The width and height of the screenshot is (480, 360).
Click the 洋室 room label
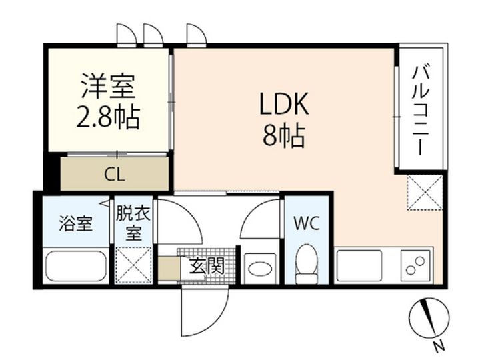click(x=108, y=87)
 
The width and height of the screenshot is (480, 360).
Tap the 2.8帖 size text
click(x=108, y=117)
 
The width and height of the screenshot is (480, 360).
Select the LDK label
click(x=284, y=104)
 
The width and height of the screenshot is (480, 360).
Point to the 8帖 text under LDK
click(x=284, y=135)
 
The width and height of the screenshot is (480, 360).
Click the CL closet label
click(x=115, y=175)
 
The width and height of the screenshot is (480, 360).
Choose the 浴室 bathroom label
click(x=75, y=223)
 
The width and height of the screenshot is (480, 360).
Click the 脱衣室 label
click(x=133, y=223)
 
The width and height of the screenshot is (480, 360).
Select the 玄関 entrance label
click(x=207, y=266)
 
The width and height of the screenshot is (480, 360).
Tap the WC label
click(x=307, y=223)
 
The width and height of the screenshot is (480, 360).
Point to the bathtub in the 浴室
click(x=75, y=267)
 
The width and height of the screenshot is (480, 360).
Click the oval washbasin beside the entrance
click(x=260, y=269)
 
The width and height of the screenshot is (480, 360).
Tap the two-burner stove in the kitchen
click(x=415, y=265)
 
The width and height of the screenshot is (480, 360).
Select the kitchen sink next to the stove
click(x=359, y=265)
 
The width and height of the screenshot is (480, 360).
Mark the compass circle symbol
click(x=429, y=317)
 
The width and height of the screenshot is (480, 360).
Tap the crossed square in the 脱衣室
click(x=133, y=265)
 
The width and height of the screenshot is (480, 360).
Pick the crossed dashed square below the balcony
click(x=425, y=193)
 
